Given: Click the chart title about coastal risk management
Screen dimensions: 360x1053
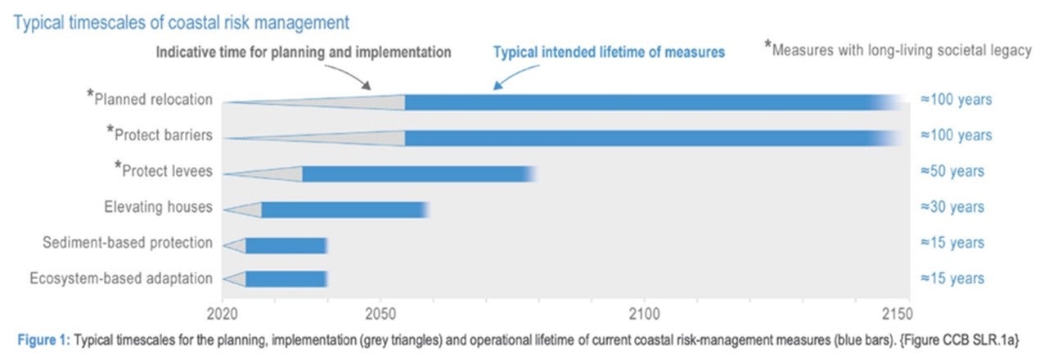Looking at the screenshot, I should (x=181, y=21).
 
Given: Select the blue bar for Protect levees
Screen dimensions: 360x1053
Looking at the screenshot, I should (x=417, y=173).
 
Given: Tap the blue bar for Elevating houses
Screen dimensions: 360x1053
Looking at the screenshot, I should (x=344, y=209).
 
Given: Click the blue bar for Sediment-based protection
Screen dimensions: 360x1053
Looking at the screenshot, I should (x=286, y=245).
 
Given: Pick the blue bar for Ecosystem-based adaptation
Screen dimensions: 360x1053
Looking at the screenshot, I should (x=286, y=280).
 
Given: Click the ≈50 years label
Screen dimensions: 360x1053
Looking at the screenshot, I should (x=952, y=172).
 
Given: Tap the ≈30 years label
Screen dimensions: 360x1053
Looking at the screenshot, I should (x=952, y=208).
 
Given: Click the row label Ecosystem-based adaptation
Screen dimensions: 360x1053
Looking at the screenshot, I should (x=120, y=279).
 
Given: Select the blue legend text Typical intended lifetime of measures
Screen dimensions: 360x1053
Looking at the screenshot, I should (x=608, y=52).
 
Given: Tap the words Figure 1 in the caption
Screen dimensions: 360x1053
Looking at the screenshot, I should (x=41, y=339).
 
